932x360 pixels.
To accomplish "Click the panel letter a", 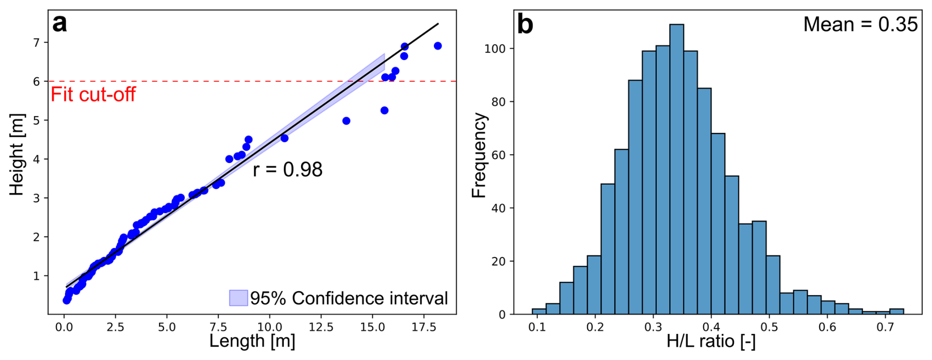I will pos(59,24).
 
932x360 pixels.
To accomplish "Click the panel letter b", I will pos(525,24).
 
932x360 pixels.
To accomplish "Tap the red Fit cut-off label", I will pos(93,94).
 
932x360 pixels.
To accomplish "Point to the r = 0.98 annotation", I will pos(288,169).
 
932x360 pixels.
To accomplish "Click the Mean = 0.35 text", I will pos(860,25).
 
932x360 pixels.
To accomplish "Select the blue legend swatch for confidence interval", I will pos(238,298).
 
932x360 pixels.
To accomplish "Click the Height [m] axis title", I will pos(17,155).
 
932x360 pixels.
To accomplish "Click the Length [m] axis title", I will pos(252,341).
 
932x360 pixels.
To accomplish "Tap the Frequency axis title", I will pos(479,156).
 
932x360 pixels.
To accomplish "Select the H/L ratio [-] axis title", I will pos(711,341).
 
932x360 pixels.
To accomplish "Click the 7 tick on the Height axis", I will pos(36,43).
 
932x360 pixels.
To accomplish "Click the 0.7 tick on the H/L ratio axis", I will pos(885,327).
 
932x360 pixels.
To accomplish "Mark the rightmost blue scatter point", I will pos(437,46).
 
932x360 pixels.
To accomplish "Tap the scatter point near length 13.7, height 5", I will pos(346,121).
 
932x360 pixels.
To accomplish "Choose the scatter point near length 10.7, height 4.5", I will pos(284,138).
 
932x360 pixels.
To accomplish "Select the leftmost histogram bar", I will pos(539,311).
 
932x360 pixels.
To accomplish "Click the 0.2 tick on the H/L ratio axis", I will pos(595,327).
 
